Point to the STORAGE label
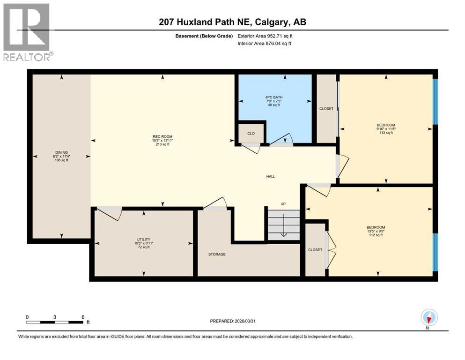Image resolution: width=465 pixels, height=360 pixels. click(x=217, y=254)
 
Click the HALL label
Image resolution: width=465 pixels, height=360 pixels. click(x=270, y=177)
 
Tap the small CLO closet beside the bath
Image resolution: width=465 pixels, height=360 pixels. click(x=251, y=133)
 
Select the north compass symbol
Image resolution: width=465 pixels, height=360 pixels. click(x=429, y=318)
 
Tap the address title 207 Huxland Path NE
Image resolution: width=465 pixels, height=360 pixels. click(x=232, y=22)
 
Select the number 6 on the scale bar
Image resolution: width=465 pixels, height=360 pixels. click(x=83, y=317)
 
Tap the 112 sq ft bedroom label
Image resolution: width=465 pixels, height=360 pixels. click(x=375, y=232)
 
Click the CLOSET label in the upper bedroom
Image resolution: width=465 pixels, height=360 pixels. click(x=326, y=109)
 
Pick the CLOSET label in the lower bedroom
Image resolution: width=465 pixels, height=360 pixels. click(x=315, y=250)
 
